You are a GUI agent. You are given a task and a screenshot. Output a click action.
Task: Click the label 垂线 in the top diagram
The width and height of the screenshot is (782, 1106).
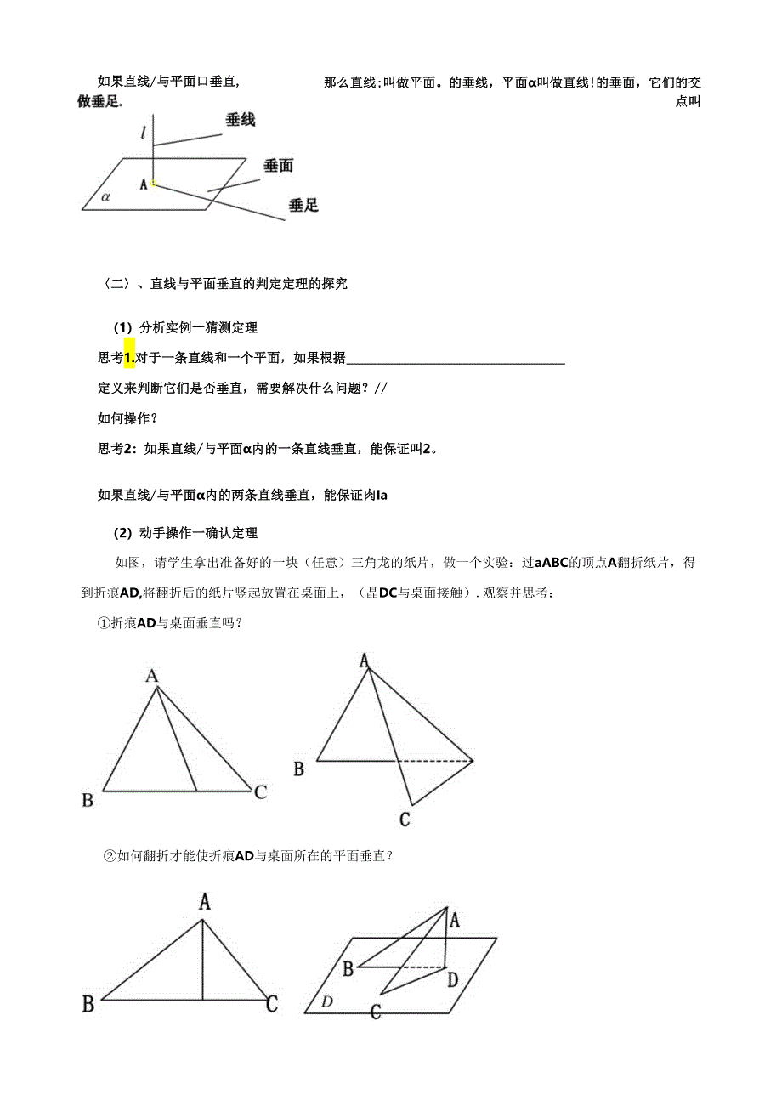tap(241, 121)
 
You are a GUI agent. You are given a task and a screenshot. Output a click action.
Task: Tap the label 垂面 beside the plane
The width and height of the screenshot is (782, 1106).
tap(278, 166)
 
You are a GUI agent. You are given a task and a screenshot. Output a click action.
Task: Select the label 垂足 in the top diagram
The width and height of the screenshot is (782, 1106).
tap(303, 205)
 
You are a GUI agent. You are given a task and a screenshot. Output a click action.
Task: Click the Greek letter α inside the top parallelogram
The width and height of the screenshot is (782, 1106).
tap(106, 196)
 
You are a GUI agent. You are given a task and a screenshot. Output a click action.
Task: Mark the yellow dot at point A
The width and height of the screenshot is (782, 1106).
tap(153, 182)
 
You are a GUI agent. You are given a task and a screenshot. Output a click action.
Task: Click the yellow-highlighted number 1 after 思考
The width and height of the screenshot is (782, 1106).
tap(130, 359)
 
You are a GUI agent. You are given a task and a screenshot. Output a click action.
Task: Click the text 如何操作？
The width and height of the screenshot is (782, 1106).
tap(127, 418)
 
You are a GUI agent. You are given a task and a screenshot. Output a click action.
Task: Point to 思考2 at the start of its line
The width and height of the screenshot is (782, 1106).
tap(118, 449)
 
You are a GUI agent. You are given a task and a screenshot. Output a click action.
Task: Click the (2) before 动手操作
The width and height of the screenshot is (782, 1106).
tap(123, 533)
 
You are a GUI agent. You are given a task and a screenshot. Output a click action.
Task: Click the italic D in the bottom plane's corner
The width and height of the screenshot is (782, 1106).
tap(327, 1002)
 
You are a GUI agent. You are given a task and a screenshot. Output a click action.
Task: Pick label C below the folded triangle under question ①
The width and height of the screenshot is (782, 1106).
tap(405, 820)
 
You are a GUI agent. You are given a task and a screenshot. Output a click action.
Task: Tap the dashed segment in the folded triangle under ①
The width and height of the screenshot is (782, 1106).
tap(435, 759)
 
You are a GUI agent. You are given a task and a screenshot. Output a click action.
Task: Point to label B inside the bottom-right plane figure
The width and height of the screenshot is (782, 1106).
tap(348, 967)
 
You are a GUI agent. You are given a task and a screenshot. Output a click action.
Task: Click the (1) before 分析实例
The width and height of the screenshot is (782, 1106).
tap(123, 327)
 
